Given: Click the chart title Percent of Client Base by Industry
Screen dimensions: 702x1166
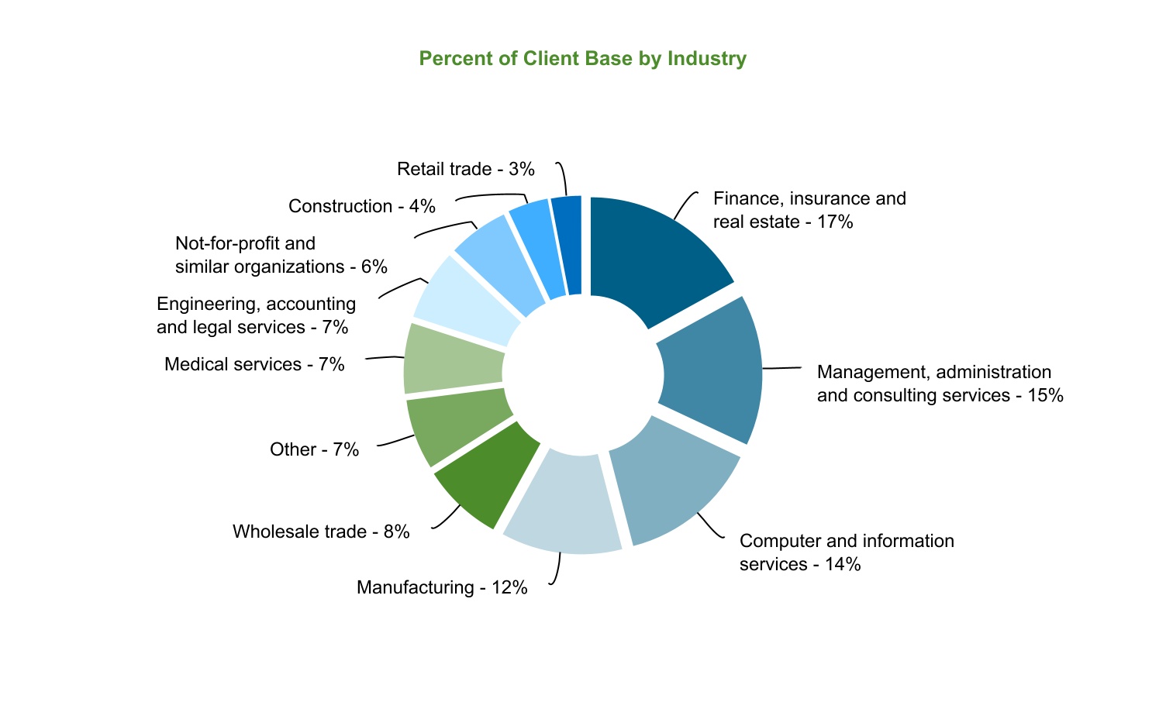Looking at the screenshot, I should click(x=582, y=59).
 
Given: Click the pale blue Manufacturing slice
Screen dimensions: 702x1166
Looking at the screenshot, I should click(x=563, y=504).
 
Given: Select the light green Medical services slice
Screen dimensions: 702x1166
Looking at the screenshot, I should click(x=453, y=358).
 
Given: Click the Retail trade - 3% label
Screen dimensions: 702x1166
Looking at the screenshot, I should click(x=465, y=169).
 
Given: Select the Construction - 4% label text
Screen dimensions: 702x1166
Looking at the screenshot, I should click(x=361, y=206).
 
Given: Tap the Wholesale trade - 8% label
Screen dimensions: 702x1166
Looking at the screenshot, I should click(x=320, y=532).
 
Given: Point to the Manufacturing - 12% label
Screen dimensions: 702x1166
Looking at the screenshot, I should click(x=442, y=587).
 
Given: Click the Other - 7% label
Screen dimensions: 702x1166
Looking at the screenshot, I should click(x=314, y=449).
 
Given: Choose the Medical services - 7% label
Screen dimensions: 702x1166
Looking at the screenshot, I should click(x=254, y=364).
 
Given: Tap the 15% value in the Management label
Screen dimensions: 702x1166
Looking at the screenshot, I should click(x=1045, y=395).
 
